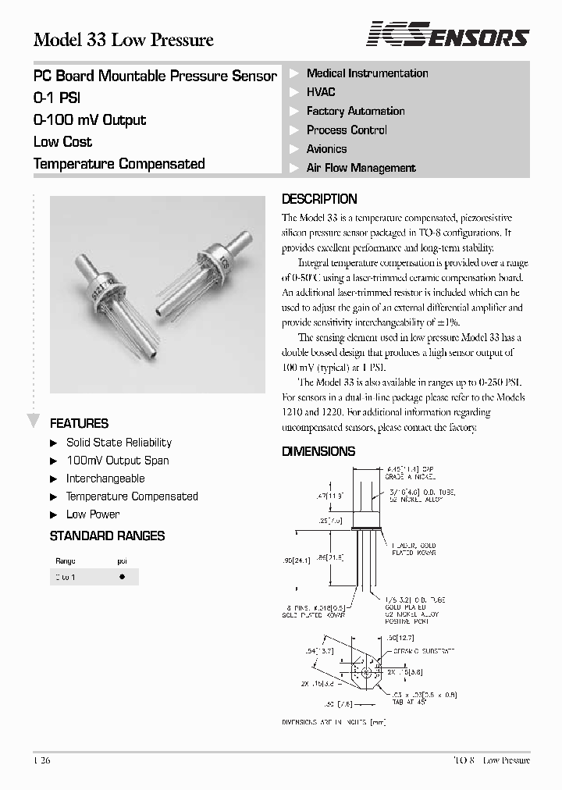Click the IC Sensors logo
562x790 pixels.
click(449, 35)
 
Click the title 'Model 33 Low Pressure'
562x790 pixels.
click(123, 40)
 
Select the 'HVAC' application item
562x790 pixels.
click(321, 92)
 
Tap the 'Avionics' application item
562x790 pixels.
click(326, 149)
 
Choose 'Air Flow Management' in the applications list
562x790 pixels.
click(361, 168)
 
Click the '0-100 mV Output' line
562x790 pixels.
click(90, 120)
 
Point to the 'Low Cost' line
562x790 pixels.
click(62, 142)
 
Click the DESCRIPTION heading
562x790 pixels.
click(318, 199)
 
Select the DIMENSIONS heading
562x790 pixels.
click(318, 451)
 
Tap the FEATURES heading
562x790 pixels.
click(79, 424)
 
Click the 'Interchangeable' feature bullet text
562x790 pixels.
click(105, 479)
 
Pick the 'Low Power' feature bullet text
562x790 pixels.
click(93, 514)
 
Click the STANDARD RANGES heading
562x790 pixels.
click(107, 536)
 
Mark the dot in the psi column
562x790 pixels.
click(122, 577)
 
